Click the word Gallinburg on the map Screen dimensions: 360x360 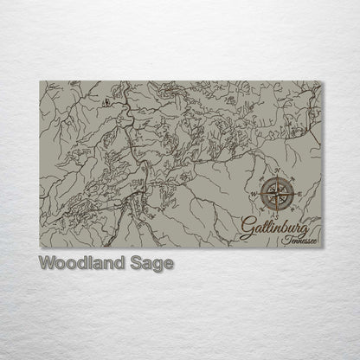269,229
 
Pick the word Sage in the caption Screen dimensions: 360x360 151,262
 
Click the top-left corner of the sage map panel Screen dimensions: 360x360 40,82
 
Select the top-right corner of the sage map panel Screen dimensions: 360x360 320,82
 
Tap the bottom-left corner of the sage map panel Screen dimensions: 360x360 40,247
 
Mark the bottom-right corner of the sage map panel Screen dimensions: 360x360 320,247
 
